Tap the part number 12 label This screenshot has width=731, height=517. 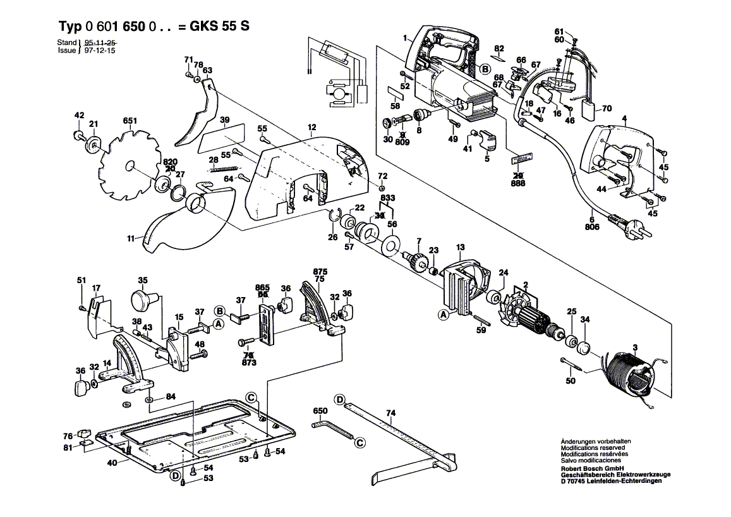click(311, 128)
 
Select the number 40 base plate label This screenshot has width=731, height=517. click(111, 463)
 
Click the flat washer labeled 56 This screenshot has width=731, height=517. click(391, 244)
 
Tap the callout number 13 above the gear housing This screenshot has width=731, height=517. click(460, 246)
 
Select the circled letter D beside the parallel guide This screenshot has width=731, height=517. click(340, 399)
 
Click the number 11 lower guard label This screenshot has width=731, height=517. click(130, 239)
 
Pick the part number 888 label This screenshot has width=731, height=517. click(518, 182)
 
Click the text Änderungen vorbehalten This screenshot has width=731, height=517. click(595, 441)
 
